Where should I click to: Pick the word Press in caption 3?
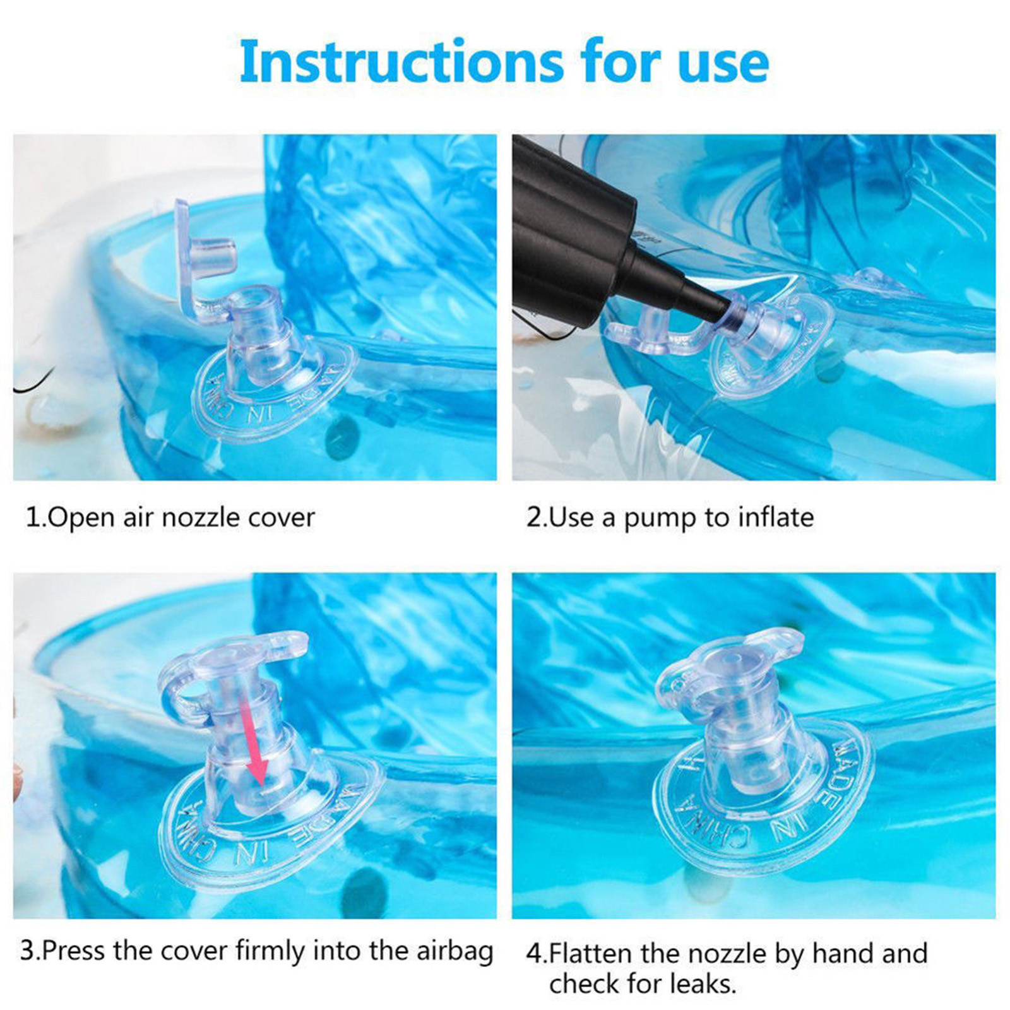tap(75, 951)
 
